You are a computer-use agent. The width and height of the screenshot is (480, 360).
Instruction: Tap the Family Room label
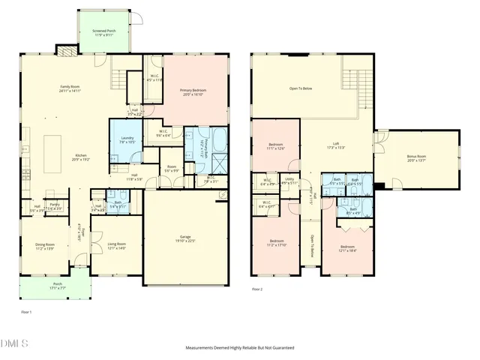70,88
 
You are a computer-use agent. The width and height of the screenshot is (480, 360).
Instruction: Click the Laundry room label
127,139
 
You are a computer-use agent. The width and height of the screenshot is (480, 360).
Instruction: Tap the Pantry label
55,205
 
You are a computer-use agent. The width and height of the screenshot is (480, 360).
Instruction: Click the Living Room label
116,244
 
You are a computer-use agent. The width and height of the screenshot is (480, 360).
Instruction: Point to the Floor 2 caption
257,288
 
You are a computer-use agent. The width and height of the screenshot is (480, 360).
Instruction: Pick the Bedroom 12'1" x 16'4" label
347,247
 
